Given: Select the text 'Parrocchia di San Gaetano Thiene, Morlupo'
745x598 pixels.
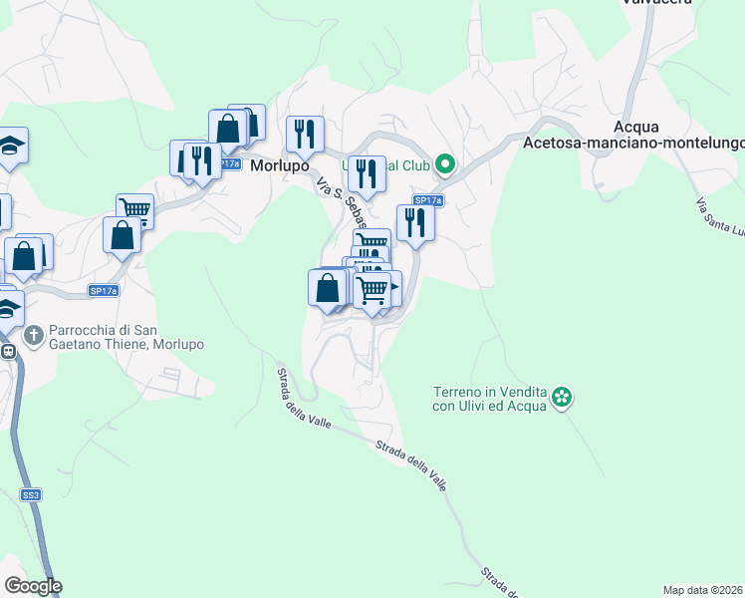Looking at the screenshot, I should tap(125, 337).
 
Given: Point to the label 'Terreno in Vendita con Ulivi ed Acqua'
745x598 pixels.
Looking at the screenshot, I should tap(489, 399).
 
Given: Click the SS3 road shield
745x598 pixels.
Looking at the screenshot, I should tap(31, 494).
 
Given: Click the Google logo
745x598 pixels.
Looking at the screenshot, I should tap(33, 585).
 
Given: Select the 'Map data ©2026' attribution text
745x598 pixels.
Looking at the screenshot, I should tap(702, 589).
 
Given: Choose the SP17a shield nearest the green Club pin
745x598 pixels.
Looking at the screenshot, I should tap(427, 200).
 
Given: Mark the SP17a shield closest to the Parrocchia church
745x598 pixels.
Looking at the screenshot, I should tap(104, 291).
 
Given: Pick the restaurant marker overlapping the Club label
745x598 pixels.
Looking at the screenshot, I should tap(367, 172).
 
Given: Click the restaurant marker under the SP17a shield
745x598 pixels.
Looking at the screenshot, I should tap(414, 221).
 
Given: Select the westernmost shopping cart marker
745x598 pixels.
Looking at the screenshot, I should tap(134, 209).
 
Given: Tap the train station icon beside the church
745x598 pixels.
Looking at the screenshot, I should tap(7, 351).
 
